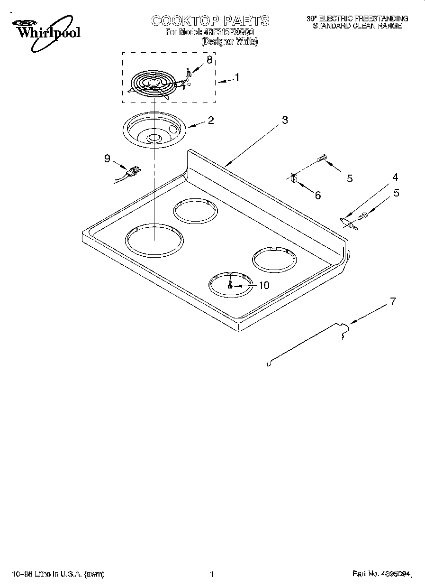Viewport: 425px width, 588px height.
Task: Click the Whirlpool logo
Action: [x=45, y=31]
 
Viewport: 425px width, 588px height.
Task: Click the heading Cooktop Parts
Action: [x=210, y=20]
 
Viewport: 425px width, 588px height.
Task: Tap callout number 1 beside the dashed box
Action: [x=237, y=78]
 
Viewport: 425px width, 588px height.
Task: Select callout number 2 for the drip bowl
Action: [x=210, y=120]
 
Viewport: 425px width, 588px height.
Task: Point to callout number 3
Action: [x=284, y=120]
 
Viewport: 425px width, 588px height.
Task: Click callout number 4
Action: [x=395, y=177]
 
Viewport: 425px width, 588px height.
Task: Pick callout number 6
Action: [x=317, y=195]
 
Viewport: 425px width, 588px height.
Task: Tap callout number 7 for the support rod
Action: [x=392, y=301]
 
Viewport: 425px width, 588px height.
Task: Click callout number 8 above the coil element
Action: [x=209, y=60]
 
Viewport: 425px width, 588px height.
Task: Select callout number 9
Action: [x=108, y=159]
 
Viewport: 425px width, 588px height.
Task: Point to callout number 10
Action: [x=263, y=285]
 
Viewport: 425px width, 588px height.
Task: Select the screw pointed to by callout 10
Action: [x=230, y=286]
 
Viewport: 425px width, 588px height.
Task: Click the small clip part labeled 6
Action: [x=293, y=178]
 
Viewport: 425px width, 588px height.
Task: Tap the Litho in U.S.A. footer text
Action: [x=58, y=575]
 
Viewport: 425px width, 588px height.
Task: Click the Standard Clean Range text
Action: [x=357, y=26]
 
